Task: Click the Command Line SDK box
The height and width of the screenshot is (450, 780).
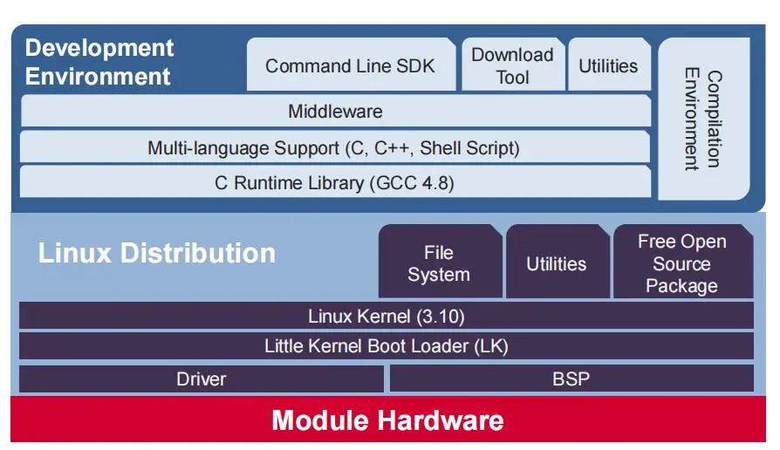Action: click(x=350, y=65)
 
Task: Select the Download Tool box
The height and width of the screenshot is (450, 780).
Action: click(x=512, y=65)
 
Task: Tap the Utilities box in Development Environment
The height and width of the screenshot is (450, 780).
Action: click(x=608, y=65)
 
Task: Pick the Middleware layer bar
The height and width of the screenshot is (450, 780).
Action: click(x=335, y=112)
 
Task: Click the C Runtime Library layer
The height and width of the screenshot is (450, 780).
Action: click(x=334, y=182)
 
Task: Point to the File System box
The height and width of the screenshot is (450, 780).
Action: click(x=439, y=262)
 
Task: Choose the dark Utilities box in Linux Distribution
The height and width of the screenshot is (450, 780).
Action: click(x=556, y=263)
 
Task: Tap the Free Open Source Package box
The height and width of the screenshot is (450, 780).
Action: click(x=681, y=262)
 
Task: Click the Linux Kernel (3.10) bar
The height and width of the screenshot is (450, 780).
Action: click(x=386, y=316)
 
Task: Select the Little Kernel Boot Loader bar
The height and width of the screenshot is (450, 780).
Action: click(x=386, y=346)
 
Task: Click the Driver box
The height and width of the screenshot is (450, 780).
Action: click(x=201, y=378)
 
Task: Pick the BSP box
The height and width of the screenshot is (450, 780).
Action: click(x=571, y=378)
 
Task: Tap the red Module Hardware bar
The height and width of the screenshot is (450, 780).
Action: click(x=387, y=420)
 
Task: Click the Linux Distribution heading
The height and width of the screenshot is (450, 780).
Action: click(x=157, y=253)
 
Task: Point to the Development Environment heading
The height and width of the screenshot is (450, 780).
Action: click(x=99, y=61)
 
